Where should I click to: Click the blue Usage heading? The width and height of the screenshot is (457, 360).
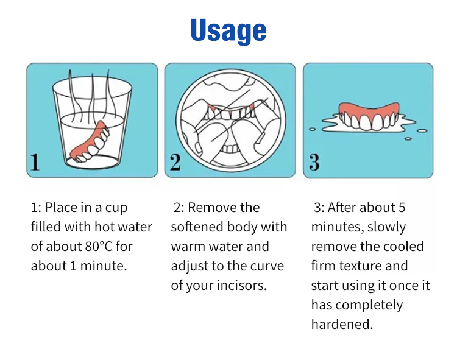tap(228, 30)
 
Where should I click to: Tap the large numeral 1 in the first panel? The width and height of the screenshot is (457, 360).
tap(35, 162)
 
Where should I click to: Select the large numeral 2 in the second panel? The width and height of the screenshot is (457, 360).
tap(175, 162)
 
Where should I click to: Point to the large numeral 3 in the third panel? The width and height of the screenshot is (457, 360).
tap(314, 162)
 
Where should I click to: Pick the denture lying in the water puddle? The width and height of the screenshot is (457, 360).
tap(369, 116)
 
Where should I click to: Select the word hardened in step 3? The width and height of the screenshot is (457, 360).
tap(342, 324)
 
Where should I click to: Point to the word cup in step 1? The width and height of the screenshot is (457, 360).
tap(116, 208)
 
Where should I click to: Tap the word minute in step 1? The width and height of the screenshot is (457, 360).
tap(104, 266)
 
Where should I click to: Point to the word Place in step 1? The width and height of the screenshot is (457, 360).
tap(61, 208)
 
